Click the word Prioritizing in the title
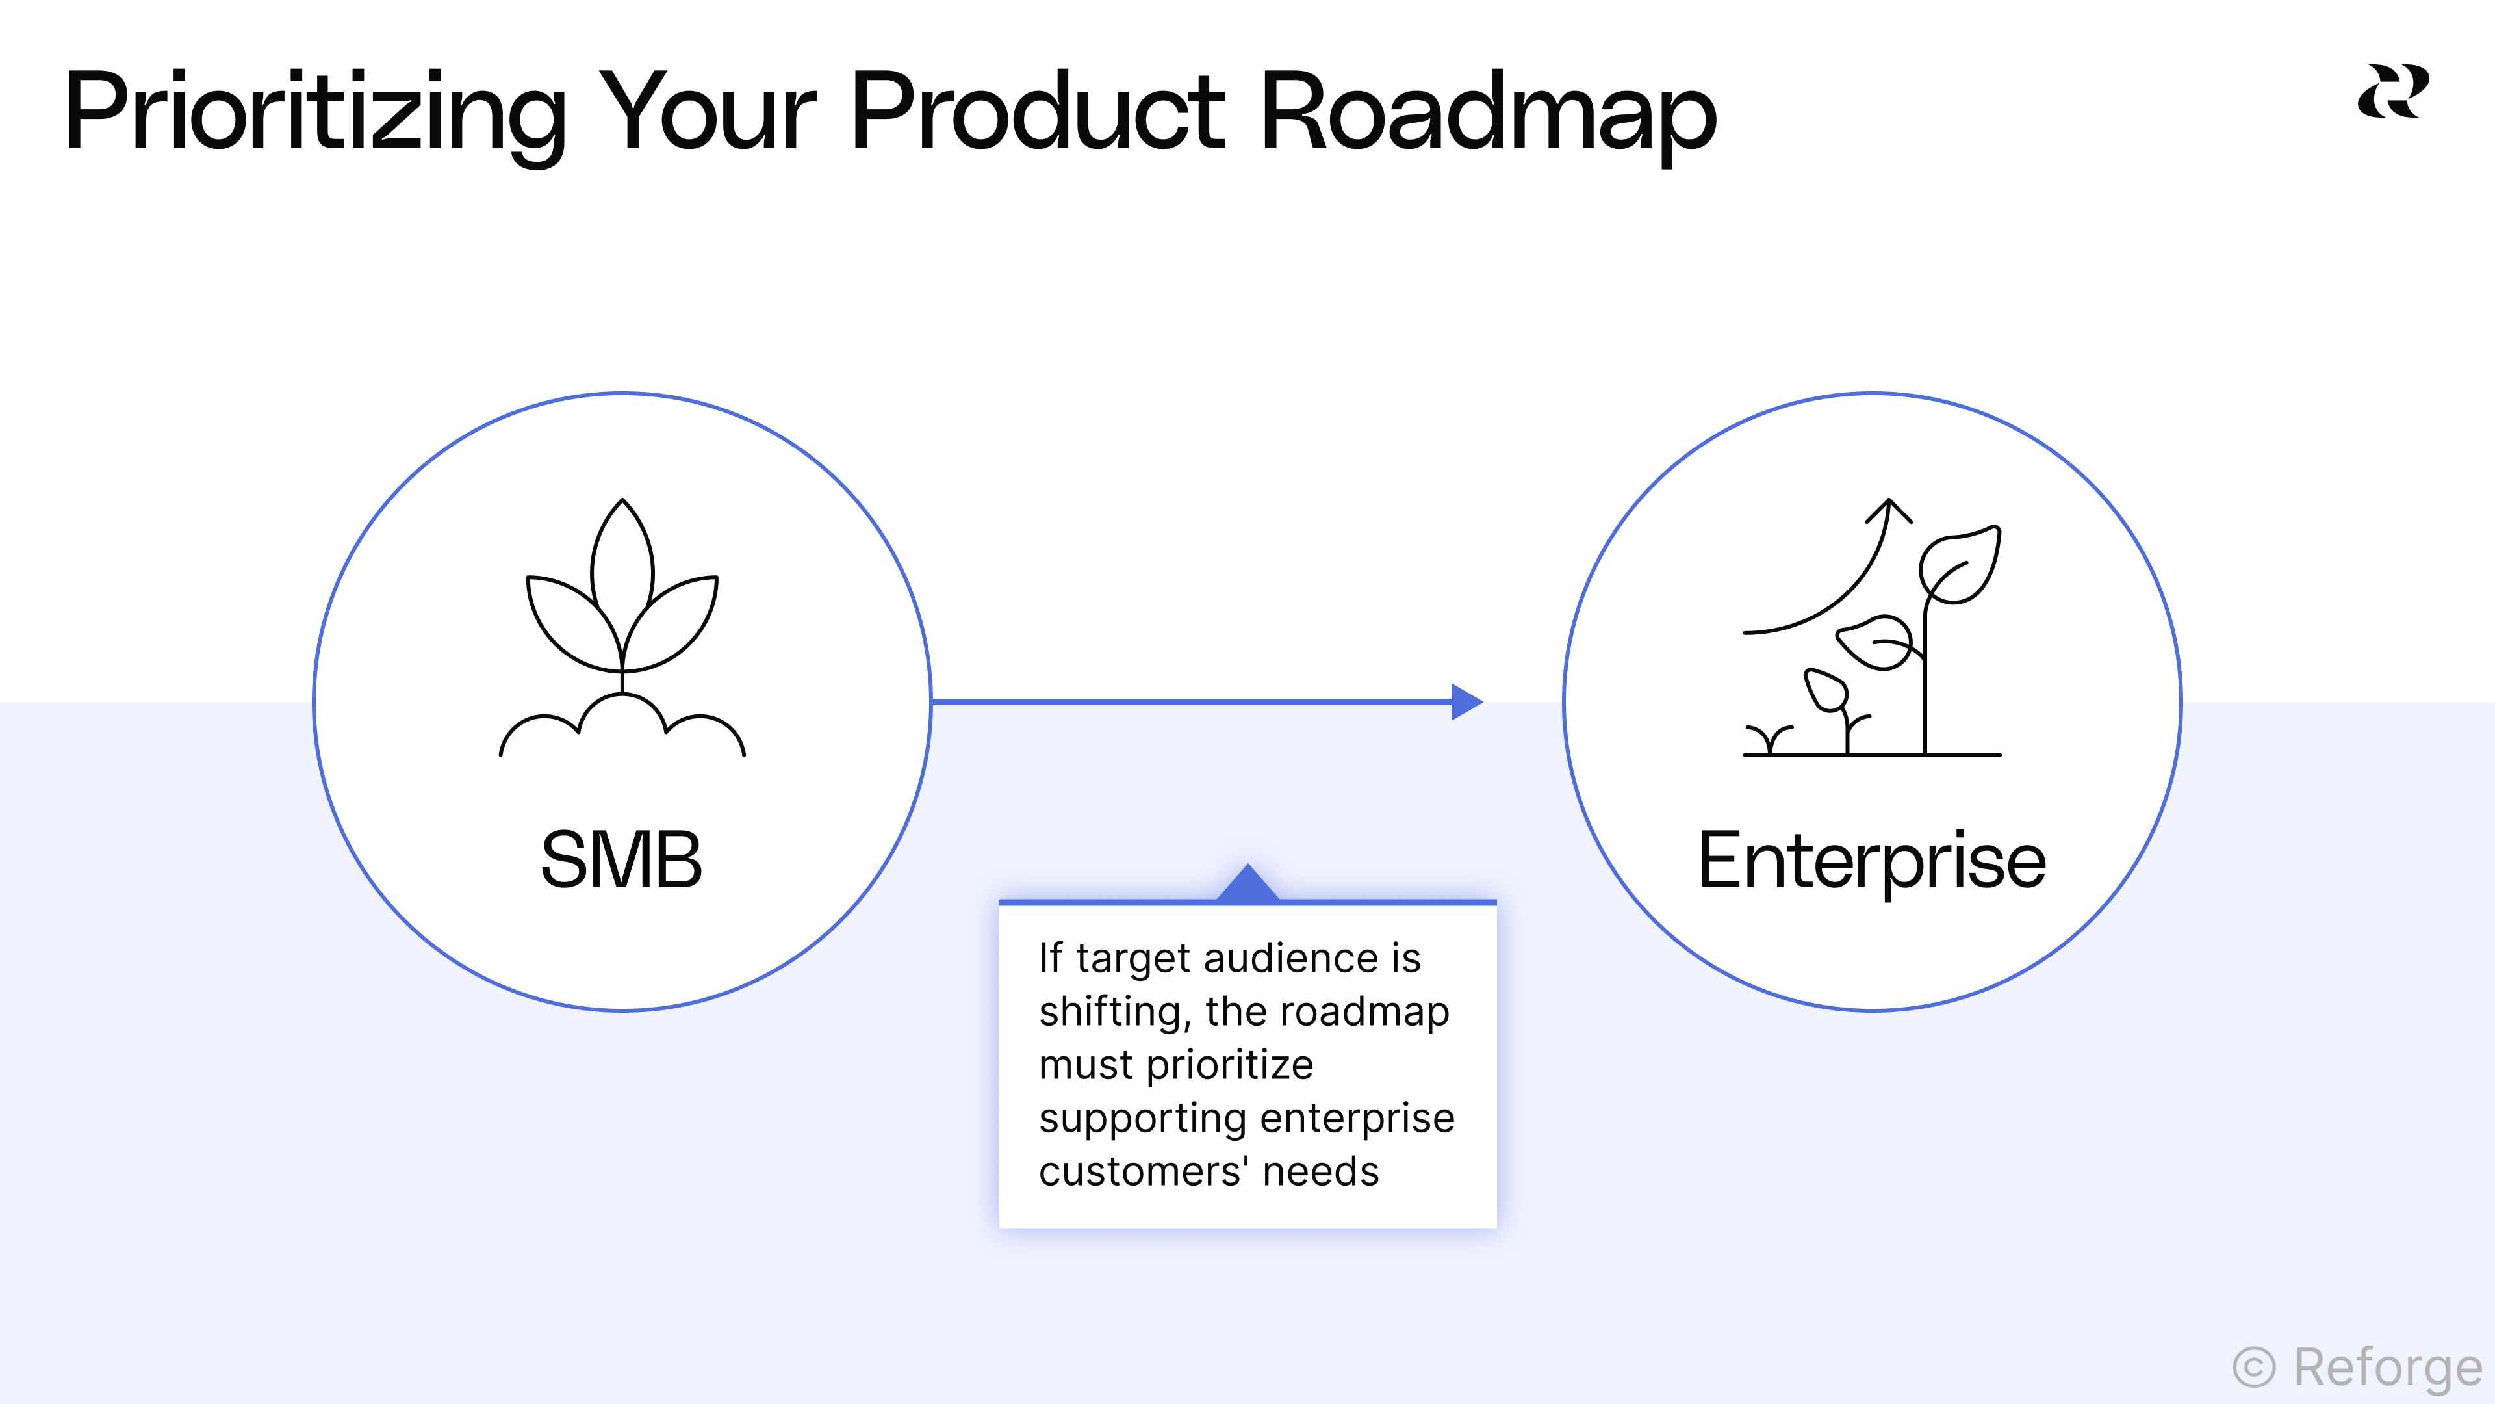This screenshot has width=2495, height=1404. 314,114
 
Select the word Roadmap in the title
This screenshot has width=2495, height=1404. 1488,114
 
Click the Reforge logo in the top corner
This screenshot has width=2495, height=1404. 2392,92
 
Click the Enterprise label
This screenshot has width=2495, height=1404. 1871,861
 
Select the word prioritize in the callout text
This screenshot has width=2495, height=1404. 1230,1065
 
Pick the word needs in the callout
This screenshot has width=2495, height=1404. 1320,1171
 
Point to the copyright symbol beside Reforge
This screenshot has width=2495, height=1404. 2254,1367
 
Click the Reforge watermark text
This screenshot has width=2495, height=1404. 2388,1367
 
